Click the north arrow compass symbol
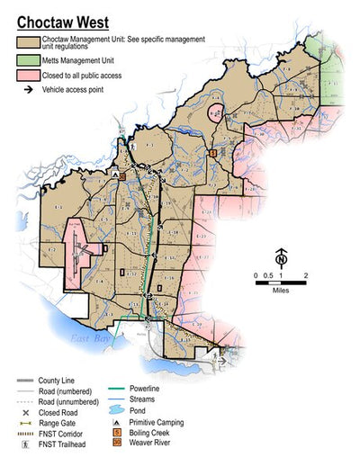click(x=281, y=260)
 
